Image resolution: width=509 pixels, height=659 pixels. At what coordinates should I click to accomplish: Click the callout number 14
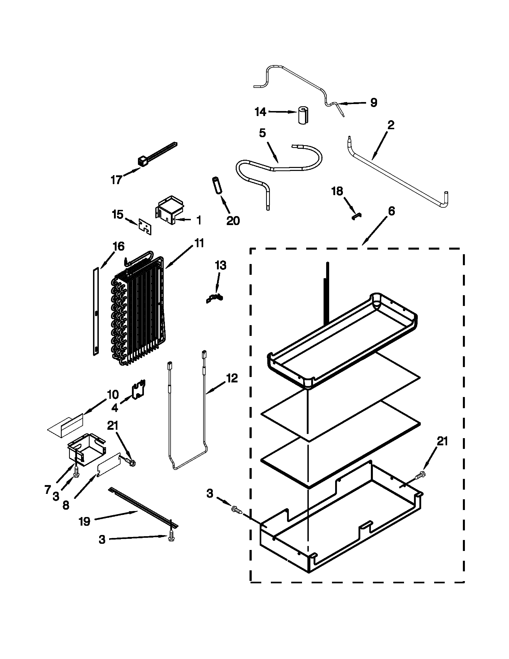[x=260, y=112]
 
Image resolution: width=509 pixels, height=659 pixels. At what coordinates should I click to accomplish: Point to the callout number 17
[x=116, y=180]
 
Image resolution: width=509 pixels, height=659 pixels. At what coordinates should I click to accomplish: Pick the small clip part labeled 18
[x=357, y=216]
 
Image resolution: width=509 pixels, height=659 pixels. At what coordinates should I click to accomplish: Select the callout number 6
[x=391, y=211]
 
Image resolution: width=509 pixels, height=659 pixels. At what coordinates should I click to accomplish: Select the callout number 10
[x=113, y=394]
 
